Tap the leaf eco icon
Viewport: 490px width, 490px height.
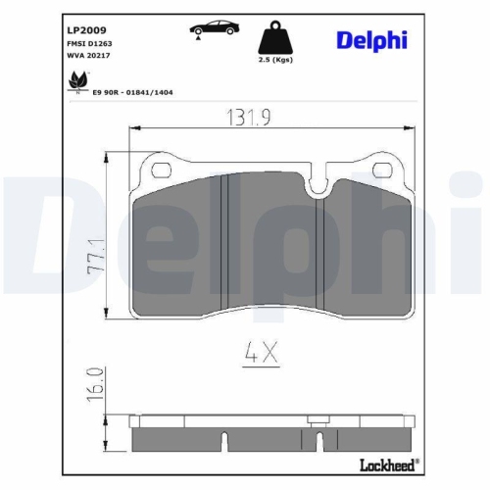pyautogui.click(x=76, y=81)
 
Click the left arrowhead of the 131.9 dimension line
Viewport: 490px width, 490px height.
pyautogui.click(x=135, y=128)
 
